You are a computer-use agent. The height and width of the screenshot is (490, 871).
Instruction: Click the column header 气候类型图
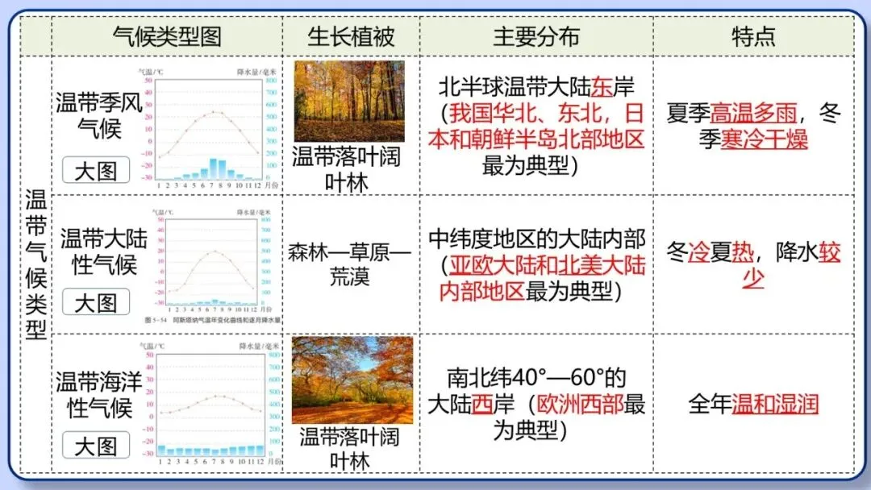[x=167, y=36]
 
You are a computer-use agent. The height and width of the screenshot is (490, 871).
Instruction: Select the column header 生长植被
[x=351, y=36]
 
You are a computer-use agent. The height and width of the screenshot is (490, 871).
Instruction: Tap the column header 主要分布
[x=536, y=36]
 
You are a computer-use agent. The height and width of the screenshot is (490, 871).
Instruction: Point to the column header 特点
[x=753, y=36]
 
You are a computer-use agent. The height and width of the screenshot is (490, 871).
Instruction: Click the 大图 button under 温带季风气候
[x=96, y=170]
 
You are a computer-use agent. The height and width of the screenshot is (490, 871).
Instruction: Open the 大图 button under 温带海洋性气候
[x=96, y=446]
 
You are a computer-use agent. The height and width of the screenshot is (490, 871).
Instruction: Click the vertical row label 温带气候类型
[x=35, y=264]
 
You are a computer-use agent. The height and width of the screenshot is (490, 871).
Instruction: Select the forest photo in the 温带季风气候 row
[x=349, y=102]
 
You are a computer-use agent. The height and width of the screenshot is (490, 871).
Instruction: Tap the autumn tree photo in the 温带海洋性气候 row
[x=352, y=380]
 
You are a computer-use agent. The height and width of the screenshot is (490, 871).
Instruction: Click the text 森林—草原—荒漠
[x=349, y=264]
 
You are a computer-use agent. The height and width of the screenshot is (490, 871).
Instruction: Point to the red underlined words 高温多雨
[x=752, y=114]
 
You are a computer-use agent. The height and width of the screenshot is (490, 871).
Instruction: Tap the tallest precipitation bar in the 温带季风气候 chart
[x=214, y=167]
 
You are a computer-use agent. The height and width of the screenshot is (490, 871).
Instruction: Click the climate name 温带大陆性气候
[x=103, y=251]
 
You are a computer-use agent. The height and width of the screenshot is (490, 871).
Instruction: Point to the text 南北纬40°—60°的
[x=536, y=377]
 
